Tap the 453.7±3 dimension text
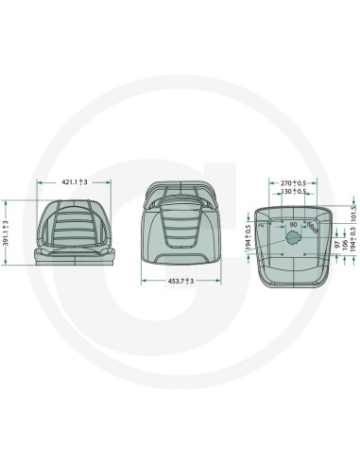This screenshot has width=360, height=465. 176,282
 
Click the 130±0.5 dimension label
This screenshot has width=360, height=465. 293,191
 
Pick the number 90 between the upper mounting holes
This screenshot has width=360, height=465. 292,224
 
